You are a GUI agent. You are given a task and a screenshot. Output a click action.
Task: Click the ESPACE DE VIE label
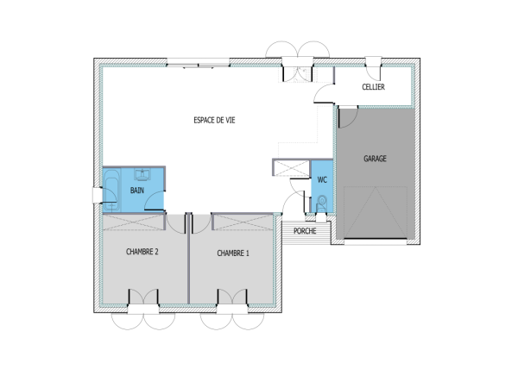click(214, 121)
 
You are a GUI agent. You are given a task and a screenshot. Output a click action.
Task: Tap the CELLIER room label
click(373, 88)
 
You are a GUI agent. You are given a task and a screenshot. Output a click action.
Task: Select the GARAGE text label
click(375, 159)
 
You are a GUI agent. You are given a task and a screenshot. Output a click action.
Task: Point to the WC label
click(321, 180)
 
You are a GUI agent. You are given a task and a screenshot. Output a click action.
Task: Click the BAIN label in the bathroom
click(137, 190)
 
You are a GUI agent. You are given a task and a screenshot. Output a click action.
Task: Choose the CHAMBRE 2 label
click(142, 253)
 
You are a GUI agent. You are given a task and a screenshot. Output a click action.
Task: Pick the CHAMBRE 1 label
click(233, 253)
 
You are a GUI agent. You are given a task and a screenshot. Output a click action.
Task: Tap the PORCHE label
click(304, 230)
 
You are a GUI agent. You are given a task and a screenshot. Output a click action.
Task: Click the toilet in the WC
click(321, 203)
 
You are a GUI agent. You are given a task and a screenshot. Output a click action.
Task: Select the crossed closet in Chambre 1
click(236, 222)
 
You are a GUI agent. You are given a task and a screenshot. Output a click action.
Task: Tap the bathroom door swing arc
click(154, 203)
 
